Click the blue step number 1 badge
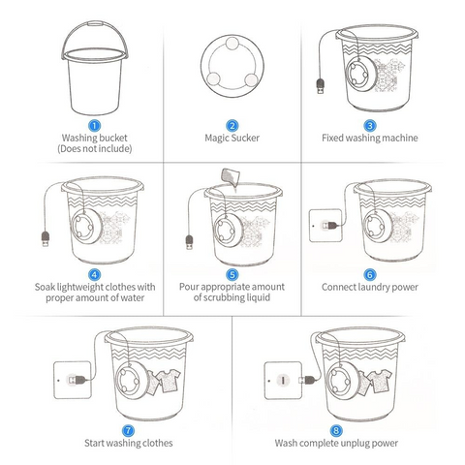[x=94, y=124]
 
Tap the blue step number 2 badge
[x=232, y=124]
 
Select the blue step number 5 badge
[x=232, y=274]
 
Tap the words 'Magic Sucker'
[x=232, y=138]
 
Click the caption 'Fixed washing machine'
[x=369, y=138]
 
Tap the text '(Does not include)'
[x=94, y=149]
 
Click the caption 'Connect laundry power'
[x=369, y=288]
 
